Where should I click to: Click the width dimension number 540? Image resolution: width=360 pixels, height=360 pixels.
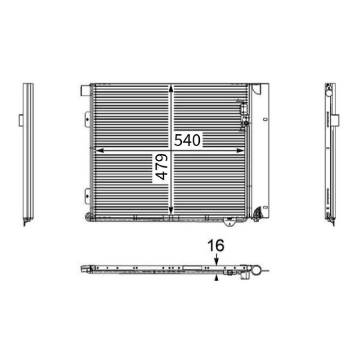[x=187, y=140]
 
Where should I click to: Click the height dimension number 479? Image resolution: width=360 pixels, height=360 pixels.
[x=162, y=166]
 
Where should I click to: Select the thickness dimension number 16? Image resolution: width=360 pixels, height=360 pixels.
[x=216, y=245]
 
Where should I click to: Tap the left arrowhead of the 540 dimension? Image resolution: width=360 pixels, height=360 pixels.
[x=100, y=151]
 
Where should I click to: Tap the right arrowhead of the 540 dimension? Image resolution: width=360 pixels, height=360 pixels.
[x=240, y=151]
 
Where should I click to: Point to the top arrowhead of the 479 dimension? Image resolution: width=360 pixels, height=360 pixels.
[x=171, y=89]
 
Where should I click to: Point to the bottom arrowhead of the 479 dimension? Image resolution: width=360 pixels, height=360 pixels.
[x=171, y=210]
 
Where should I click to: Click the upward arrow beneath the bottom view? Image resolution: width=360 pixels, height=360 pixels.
[x=216, y=278]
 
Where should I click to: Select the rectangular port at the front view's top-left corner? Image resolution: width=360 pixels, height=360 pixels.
[x=85, y=90]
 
